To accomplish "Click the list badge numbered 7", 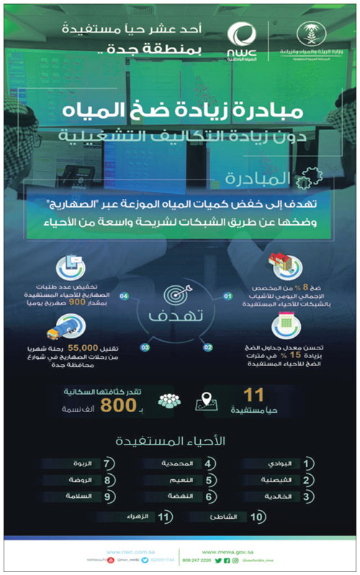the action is [107, 464].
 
